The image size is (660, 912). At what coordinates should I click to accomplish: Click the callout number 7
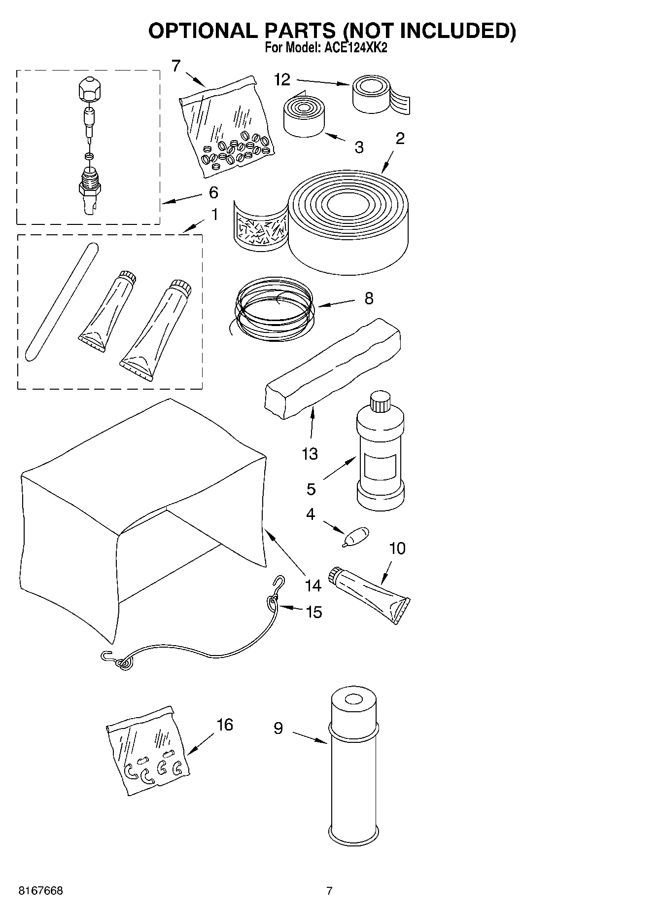point(176,66)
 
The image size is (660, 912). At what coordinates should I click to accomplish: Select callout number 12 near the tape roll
point(282,80)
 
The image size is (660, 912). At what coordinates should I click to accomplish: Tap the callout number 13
point(310,454)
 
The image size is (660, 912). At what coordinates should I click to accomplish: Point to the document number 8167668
point(40,891)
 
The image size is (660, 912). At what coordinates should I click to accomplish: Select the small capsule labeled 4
point(357,535)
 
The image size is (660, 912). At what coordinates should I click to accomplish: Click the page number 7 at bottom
point(329,891)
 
